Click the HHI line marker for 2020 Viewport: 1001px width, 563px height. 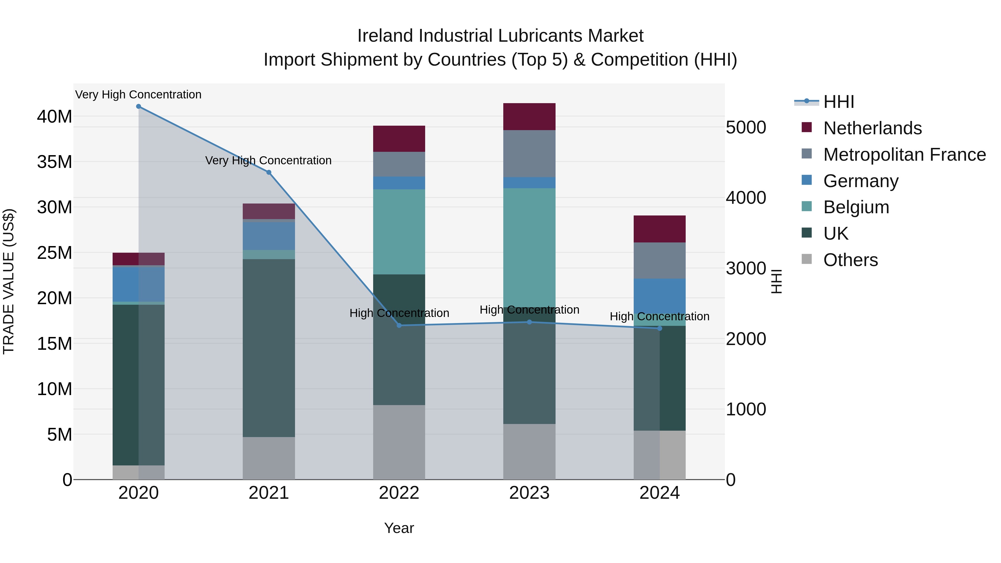(138, 106)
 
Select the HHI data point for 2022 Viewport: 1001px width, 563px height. (399, 325)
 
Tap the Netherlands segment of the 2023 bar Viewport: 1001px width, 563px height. (529, 116)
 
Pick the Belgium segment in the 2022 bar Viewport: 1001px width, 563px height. (399, 232)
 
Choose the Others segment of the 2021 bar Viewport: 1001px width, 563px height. (269, 458)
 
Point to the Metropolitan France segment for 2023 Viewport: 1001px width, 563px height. (529, 153)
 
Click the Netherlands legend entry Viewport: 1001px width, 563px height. (872, 128)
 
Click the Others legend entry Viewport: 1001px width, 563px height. (850, 260)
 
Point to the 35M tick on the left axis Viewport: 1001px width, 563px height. (55, 162)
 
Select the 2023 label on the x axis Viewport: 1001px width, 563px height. (529, 493)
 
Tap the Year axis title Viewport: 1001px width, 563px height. (399, 528)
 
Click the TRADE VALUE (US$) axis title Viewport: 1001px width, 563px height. (9, 281)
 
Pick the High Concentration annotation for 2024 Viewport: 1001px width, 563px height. (660, 316)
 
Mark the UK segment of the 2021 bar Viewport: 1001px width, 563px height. (269, 348)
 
